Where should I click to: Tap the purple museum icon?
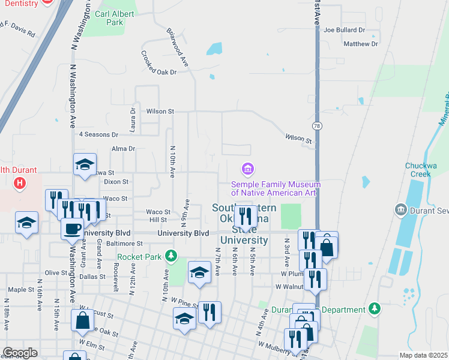coord(246,167)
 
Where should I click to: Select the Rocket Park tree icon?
coord(171,257)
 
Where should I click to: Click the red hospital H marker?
coord(20,182)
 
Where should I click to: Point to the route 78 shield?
coord(316,126)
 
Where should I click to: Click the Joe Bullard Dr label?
coord(344,29)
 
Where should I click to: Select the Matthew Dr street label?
coord(360,44)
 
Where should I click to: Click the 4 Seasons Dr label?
coord(98,134)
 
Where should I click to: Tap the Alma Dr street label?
coord(124,148)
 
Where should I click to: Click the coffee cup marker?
coord(73,229)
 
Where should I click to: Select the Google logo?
coord(20,352)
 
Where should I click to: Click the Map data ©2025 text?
coord(424,355)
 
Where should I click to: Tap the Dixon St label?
coord(116,181)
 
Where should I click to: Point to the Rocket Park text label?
coord(140,257)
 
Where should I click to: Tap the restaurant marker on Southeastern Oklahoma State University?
coord(246,215)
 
